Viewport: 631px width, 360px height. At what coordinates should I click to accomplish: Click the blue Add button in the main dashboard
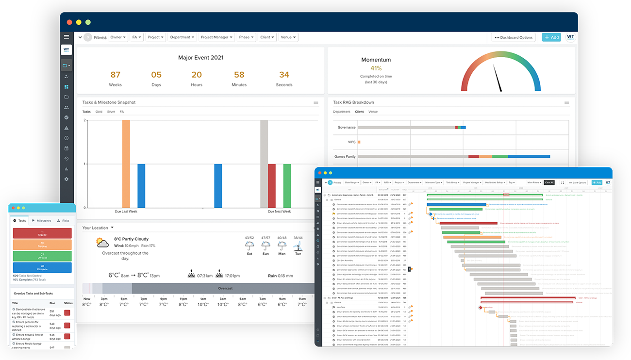[551, 37]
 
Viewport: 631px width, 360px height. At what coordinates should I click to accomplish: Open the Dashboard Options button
[514, 37]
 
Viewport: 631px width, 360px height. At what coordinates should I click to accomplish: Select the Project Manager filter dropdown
[216, 37]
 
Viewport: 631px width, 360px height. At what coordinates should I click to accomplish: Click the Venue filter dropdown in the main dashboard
[288, 37]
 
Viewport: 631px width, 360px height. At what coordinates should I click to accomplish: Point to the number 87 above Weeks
[115, 75]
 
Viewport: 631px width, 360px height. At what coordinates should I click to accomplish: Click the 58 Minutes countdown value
[239, 75]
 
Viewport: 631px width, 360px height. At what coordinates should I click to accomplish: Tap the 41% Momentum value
[376, 68]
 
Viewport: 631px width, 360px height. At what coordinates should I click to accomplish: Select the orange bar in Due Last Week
[126, 164]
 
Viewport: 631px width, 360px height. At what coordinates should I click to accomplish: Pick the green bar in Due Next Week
[287, 185]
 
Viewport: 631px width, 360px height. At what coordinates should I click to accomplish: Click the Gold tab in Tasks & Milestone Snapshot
[99, 112]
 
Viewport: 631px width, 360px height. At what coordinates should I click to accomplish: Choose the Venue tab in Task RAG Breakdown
[373, 112]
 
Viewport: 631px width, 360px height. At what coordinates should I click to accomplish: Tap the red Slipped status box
[42, 233]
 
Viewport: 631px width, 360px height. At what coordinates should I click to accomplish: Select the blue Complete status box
[42, 267]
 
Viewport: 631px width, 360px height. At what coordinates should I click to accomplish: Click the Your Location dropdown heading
[98, 228]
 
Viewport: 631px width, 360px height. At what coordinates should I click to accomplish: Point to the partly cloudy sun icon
[102, 242]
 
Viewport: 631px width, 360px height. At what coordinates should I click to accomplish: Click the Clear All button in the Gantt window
[548, 182]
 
